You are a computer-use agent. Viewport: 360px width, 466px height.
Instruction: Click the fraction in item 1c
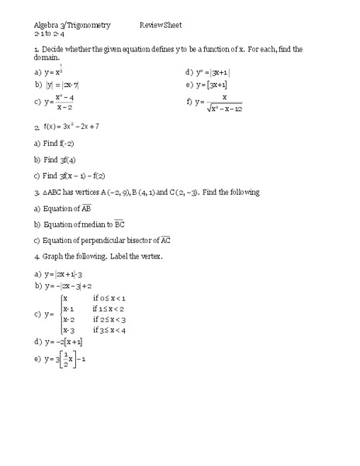pyautogui.click(x=64, y=102)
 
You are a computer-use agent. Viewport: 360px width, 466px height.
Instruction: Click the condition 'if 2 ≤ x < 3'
pyautogui.click(x=109, y=319)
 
